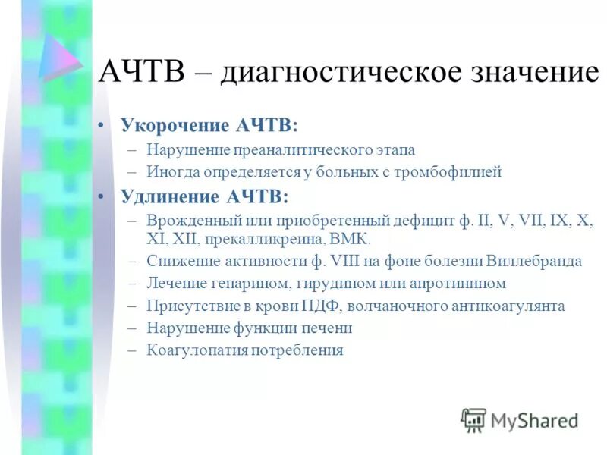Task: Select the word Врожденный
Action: pos(186,221)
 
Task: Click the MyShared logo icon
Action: pos(473,419)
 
